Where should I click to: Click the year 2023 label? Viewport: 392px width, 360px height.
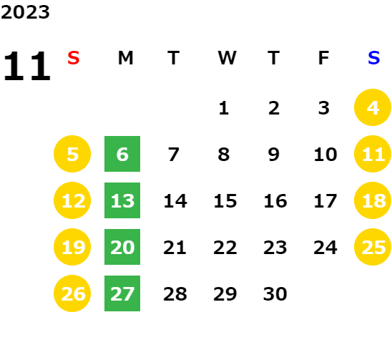[25, 12]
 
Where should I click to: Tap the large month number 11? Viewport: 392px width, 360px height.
[27, 66]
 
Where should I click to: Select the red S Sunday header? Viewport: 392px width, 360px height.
[74, 58]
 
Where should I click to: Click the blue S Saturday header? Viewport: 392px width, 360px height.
[373, 58]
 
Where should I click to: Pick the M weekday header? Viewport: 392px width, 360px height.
[125, 58]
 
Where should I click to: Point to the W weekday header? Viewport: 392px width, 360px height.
[227, 58]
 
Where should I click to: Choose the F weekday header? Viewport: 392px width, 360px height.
[324, 58]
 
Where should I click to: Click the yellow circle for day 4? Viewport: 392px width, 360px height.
[373, 107]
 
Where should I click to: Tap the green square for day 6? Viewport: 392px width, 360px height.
[122, 154]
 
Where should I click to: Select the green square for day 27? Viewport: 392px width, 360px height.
[122, 293]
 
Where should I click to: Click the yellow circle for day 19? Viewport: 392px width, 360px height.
[72, 247]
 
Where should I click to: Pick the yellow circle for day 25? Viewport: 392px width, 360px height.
[373, 247]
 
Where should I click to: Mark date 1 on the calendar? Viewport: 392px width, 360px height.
[224, 108]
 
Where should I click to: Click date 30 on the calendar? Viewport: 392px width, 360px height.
[275, 294]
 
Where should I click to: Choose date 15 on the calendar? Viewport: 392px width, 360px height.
[225, 201]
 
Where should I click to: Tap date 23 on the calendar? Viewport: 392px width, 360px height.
[275, 248]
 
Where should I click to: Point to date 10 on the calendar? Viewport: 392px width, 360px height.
[325, 155]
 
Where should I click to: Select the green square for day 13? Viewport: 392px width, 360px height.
[122, 200]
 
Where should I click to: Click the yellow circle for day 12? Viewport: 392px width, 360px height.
[72, 200]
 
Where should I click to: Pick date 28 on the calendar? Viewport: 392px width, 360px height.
[175, 294]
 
